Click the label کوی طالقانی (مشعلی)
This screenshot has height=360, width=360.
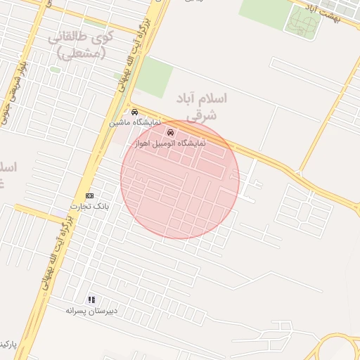tap(77, 45)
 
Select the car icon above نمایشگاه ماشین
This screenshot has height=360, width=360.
tap(134, 112)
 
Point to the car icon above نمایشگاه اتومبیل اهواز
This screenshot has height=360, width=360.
tap(169, 131)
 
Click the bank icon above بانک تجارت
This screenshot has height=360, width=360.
tap(89, 195)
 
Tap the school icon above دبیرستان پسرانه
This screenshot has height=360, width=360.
tap(91, 300)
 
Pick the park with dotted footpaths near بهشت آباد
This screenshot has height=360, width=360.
tap(302, 22)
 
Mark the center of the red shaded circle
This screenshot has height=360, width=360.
tap(180, 179)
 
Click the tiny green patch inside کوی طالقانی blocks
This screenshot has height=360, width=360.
tap(54, 70)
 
